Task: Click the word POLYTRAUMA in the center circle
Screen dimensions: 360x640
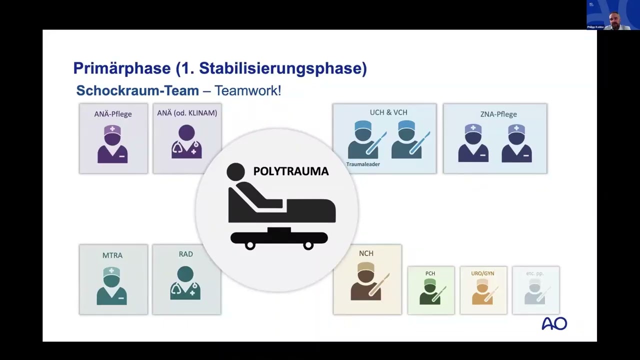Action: [290, 171]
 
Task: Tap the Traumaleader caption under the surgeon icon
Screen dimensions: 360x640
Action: [363, 164]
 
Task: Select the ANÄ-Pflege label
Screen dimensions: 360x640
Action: [113, 114]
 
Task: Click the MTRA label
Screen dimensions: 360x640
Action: [112, 255]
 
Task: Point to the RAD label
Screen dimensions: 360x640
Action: [185, 254]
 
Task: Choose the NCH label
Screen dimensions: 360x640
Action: [366, 253]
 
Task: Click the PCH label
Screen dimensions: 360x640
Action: [430, 273]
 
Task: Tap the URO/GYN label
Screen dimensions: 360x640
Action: [482, 273]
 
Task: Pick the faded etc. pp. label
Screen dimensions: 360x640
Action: [534, 273]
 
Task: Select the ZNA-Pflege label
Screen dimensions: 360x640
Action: [498, 114]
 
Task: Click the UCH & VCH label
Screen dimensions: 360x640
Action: [388, 112]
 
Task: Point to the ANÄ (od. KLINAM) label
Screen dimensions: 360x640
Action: [187, 113]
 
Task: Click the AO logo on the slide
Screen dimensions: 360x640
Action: [554, 324]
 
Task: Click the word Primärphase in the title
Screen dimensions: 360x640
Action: [122, 68]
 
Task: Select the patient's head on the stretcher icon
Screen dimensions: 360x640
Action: [235, 171]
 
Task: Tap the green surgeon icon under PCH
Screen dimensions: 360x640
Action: [430, 291]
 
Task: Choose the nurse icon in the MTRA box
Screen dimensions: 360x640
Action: [112, 286]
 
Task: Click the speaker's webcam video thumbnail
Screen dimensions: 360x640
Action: [613, 15]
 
